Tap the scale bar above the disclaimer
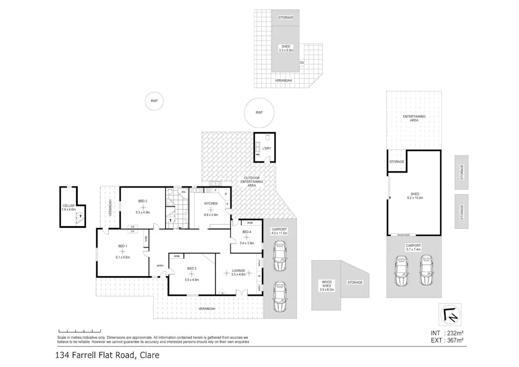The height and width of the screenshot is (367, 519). click(74, 331)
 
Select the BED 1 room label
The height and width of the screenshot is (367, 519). click(122, 246)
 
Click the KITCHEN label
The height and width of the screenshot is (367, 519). click(211, 203)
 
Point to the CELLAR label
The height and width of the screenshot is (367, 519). click(68, 206)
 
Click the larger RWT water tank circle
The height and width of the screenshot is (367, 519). click(259, 113)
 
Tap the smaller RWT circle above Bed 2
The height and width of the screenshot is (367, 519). click(154, 101)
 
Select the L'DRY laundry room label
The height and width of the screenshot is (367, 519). click(266, 148)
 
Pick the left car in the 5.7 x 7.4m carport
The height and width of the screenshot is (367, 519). click(402, 271)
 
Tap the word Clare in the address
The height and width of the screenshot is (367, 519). click(149, 356)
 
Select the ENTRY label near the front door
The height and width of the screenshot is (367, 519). click(160, 265)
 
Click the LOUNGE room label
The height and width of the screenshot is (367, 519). click(238, 270)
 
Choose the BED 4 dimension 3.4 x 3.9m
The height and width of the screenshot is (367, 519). click(247, 243)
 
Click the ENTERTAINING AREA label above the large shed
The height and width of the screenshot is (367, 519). click(414, 118)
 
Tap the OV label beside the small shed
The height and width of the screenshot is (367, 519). click(302, 63)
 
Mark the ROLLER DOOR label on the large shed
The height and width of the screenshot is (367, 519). click(403, 235)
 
